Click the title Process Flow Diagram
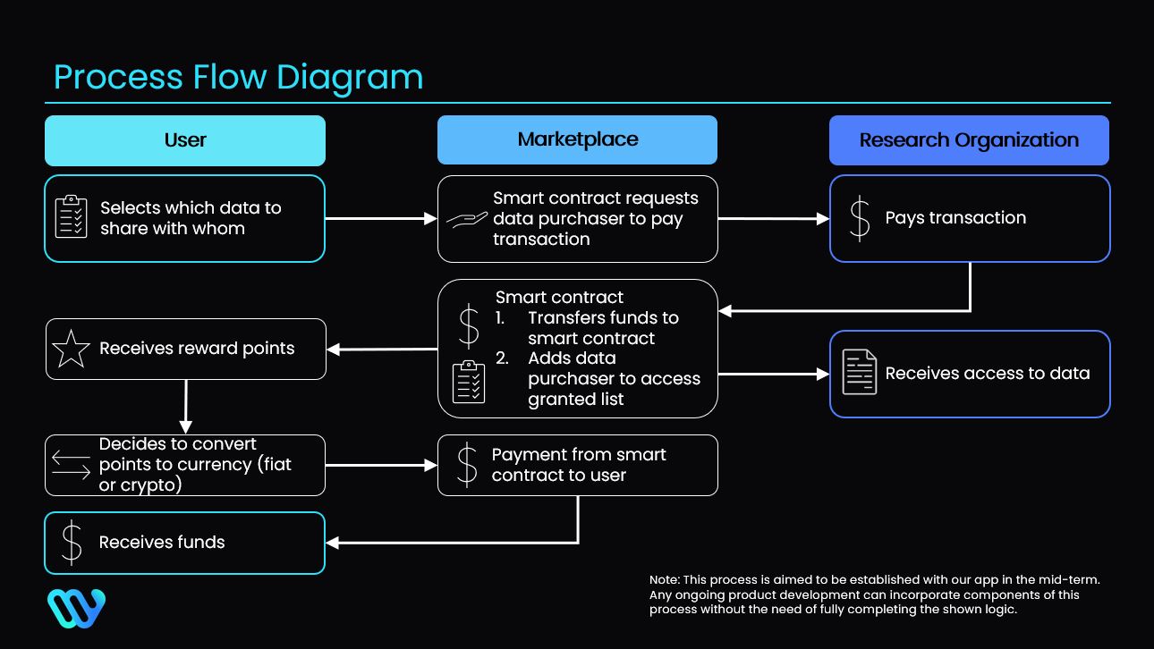click(238, 77)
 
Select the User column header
click(185, 140)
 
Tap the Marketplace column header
click(577, 139)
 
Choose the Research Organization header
click(969, 140)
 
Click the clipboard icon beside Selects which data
click(72, 217)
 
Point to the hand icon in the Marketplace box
click(468, 219)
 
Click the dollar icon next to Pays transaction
click(859, 218)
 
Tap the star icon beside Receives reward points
click(72, 349)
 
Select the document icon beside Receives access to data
click(860, 373)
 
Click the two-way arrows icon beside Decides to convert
click(72, 465)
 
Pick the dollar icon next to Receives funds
click(72, 543)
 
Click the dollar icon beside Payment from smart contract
click(467, 465)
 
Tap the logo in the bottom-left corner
click(76, 608)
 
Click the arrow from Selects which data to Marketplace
click(380, 218)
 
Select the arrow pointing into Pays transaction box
click(773, 218)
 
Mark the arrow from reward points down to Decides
click(185, 407)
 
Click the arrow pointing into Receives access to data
click(773, 374)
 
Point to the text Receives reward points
click(197, 349)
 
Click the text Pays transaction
click(955, 218)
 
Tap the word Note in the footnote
click(664, 580)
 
